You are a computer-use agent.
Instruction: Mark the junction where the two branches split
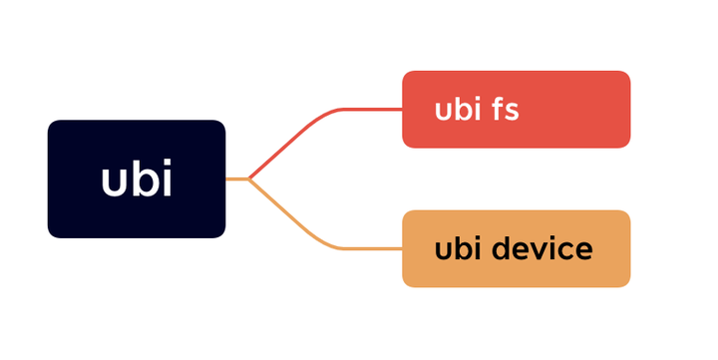(248, 180)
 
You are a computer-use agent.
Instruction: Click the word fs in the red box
(505, 110)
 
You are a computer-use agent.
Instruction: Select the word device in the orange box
(546, 249)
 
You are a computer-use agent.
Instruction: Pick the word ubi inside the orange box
(459, 249)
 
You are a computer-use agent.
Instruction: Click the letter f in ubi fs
(497, 109)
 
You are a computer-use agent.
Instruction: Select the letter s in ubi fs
(512, 112)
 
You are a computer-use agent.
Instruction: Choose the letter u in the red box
(444, 112)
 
